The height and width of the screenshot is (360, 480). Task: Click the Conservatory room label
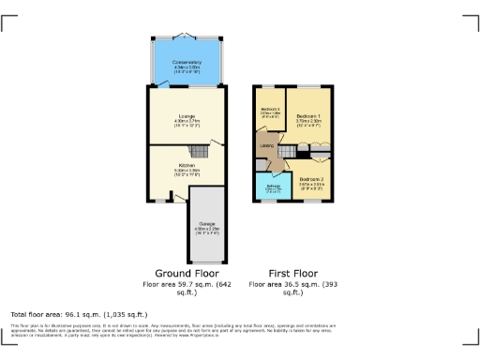tap(187, 63)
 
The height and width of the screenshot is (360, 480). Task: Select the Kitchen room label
tap(187, 167)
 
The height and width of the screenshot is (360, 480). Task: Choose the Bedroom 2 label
tap(311, 182)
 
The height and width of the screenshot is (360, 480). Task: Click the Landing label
tap(266, 145)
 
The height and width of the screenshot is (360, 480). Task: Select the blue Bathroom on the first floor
tap(273, 187)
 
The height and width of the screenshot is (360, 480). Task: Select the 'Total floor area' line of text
tap(79, 314)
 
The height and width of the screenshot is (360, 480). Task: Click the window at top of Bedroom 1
tap(308, 87)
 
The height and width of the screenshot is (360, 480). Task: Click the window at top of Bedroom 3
tap(270, 87)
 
